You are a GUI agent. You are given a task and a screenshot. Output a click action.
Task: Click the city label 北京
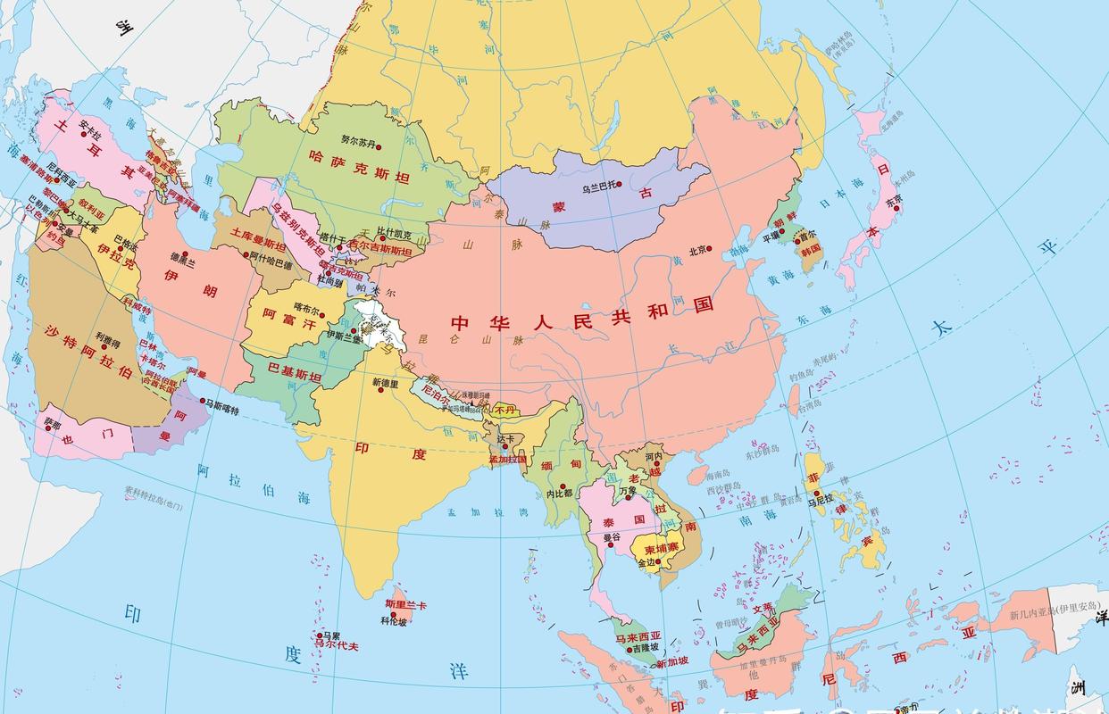click(x=697, y=249)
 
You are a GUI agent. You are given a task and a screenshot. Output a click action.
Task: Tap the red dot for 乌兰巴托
click(x=618, y=185)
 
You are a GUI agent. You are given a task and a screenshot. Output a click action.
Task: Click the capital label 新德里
click(x=385, y=382)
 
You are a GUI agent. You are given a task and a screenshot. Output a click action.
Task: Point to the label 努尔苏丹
click(x=359, y=140)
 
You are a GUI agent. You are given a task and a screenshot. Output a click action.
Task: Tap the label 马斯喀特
click(x=222, y=404)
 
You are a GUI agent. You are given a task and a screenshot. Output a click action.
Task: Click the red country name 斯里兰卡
click(x=405, y=606)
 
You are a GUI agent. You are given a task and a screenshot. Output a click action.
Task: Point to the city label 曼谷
click(x=612, y=537)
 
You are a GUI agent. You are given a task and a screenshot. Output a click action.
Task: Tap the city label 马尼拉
click(x=820, y=501)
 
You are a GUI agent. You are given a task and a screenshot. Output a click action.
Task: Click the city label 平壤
click(x=771, y=237)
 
